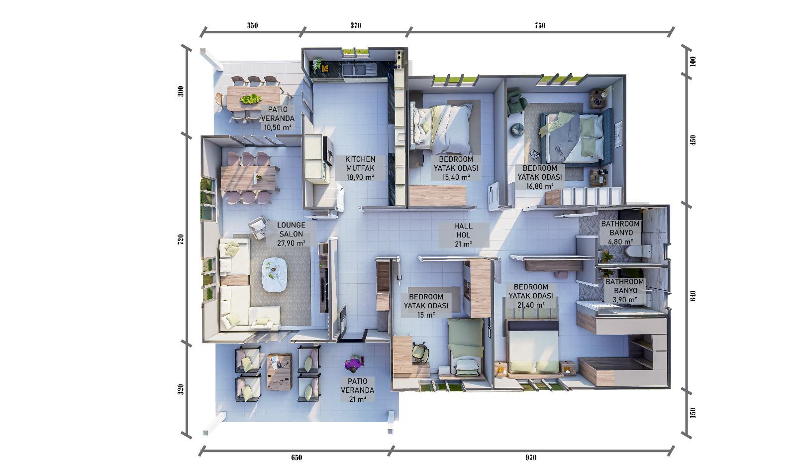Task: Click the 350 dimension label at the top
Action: [252, 25]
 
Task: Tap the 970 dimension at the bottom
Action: [531, 458]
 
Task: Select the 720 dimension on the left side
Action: [181, 239]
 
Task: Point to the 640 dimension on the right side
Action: [693, 296]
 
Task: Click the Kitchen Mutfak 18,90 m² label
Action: [360, 168]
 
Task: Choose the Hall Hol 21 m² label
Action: [463, 235]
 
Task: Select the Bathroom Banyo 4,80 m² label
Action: [620, 233]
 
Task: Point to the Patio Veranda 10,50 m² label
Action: [278, 118]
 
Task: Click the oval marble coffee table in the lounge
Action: [274, 275]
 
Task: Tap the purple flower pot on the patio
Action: [354, 363]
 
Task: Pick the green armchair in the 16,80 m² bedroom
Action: [516, 102]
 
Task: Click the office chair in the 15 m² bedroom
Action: [421, 352]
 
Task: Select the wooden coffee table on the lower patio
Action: [279, 372]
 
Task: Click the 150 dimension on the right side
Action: [693, 413]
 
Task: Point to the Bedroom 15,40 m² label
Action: [456, 168]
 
